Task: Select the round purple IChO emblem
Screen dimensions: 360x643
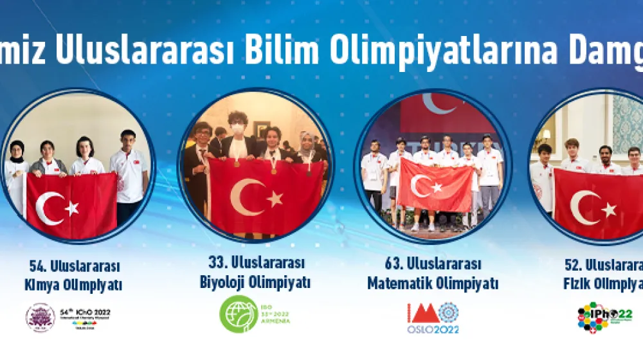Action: click(40, 318)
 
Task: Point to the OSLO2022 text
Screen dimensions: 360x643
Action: click(433, 330)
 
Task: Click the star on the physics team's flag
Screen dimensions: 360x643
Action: click(608, 210)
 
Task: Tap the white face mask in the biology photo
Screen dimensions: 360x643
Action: click(239, 129)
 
